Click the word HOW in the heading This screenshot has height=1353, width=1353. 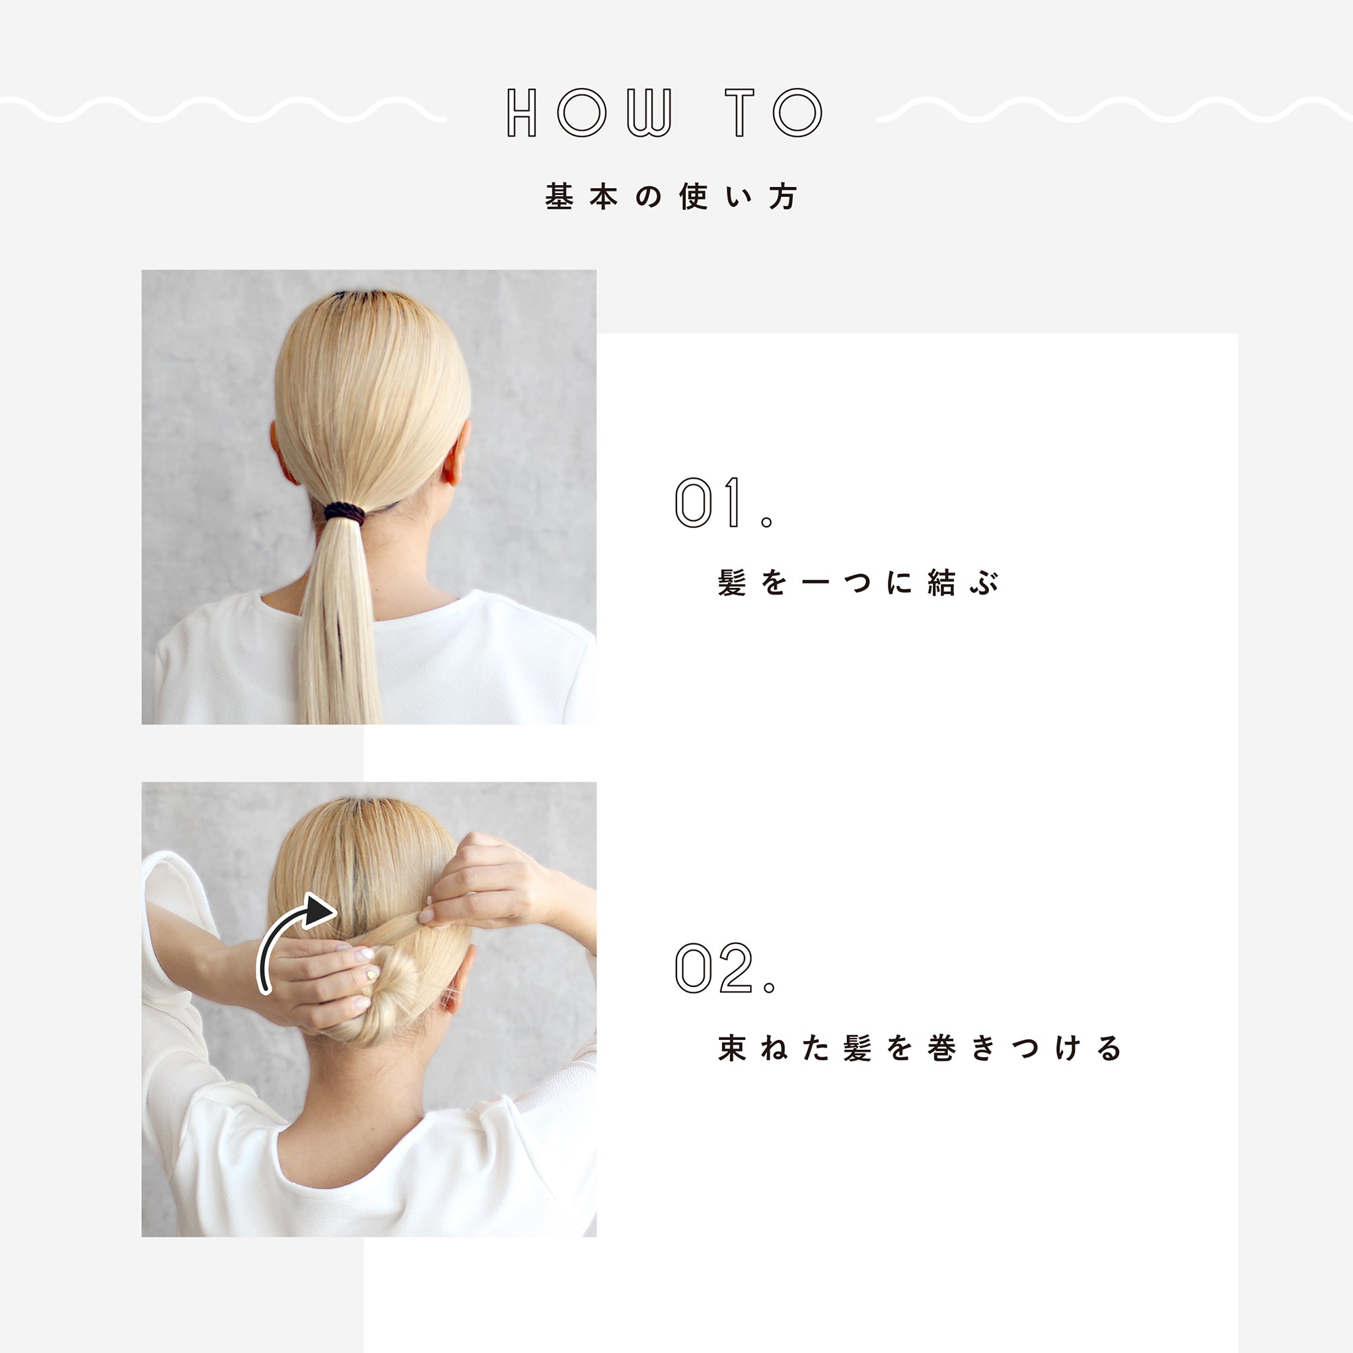point(590,112)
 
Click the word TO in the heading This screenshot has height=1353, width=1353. point(774,112)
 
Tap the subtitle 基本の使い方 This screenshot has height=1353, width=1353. point(671,197)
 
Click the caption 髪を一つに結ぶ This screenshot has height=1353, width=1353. point(858,583)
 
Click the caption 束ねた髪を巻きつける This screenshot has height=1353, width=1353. point(920,1048)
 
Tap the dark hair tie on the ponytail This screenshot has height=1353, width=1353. point(345,513)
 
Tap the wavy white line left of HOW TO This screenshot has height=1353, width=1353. point(223,110)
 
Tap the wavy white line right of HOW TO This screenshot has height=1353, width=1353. point(1115,110)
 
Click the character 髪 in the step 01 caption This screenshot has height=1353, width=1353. point(732,583)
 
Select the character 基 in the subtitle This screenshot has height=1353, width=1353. point(559,197)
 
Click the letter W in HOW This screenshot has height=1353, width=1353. point(649,112)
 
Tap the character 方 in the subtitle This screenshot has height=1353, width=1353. point(783,197)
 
